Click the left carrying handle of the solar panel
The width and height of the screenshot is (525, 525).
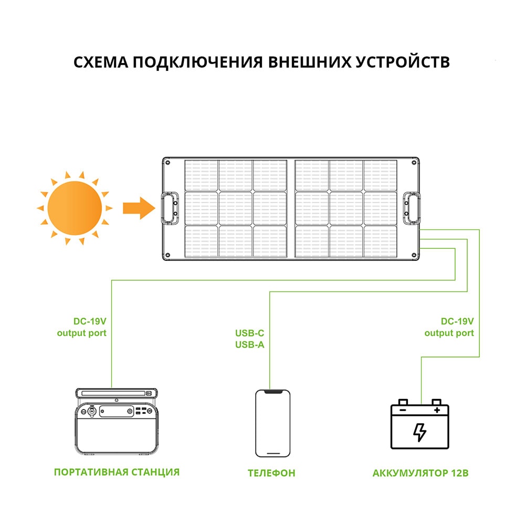pyautogui.click(x=169, y=208)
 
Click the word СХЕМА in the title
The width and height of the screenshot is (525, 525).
pyautogui.click(x=99, y=62)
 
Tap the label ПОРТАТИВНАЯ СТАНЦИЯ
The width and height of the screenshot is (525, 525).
pyautogui.click(x=117, y=472)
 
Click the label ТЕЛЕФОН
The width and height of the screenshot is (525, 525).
pyautogui.click(x=271, y=473)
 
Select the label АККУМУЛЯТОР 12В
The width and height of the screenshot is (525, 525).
pyautogui.click(x=420, y=473)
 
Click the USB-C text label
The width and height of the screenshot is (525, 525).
pyautogui.click(x=249, y=333)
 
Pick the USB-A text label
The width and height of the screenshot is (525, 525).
pyautogui.click(x=249, y=344)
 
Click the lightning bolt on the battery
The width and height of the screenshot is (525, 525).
pyautogui.click(x=419, y=432)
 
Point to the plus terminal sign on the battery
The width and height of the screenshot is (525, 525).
pyautogui.click(x=436, y=408)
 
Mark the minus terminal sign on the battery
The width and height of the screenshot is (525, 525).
pyautogui.click(x=403, y=408)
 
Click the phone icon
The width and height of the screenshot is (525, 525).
pyautogui.click(x=272, y=423)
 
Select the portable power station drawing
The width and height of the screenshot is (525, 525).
pyautogui.click(x=117, y=423)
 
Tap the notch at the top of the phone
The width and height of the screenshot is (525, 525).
pyautogui.click(x=272, y=392)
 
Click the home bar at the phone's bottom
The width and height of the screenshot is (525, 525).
pyautogui.click(x=272, y=451)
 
